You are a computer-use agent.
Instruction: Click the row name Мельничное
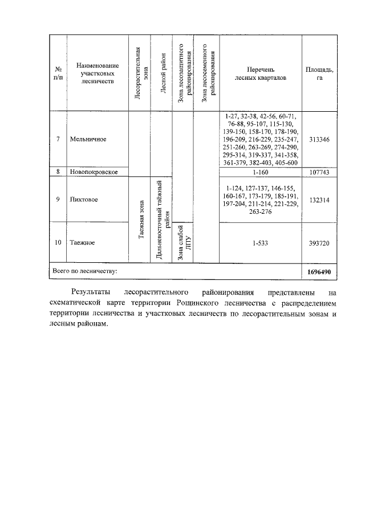[88, 139]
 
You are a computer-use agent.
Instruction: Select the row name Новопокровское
[94, 172]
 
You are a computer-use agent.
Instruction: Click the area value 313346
[319, 139]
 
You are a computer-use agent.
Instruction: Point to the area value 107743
[319, 172]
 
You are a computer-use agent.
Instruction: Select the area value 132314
[319, 200]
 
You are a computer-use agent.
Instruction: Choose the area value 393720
[319, 243]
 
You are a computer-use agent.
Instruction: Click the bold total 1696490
[319, 272]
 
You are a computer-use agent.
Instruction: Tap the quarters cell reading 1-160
[261, 172]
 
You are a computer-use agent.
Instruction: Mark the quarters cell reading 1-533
[261, 243]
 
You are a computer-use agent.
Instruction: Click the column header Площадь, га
[319, 74]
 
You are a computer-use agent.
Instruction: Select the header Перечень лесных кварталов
[261, 74]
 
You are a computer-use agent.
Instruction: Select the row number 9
[58, 200]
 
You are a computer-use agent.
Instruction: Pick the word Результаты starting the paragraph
[90, 292]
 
